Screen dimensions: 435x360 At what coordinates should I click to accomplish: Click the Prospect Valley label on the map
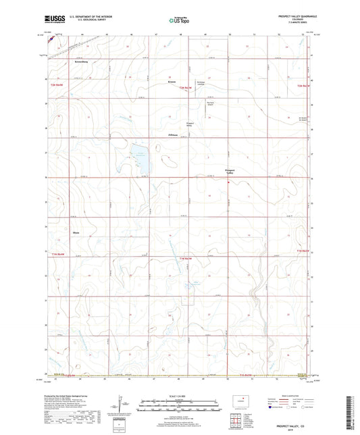click(230, 172)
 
